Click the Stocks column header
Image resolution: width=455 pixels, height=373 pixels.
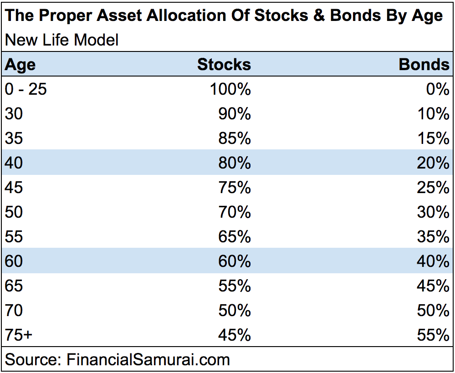224,65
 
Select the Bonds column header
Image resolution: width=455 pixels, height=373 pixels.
424,65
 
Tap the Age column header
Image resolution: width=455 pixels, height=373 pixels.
20,65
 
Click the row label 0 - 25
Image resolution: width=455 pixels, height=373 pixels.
26,89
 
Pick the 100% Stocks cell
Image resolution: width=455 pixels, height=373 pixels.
230,89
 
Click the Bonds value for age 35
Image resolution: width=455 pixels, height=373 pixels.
433,138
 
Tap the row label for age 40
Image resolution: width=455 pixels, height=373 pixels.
14,163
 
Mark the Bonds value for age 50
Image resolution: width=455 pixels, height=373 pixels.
433,212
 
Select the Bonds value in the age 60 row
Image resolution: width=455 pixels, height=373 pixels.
433,261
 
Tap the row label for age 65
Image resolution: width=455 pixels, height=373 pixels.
14,286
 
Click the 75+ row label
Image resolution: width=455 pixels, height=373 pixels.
19,335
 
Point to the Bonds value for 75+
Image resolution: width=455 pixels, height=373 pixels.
433,335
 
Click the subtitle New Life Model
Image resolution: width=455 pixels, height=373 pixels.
61,40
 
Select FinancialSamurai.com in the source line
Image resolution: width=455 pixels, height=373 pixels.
148,359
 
